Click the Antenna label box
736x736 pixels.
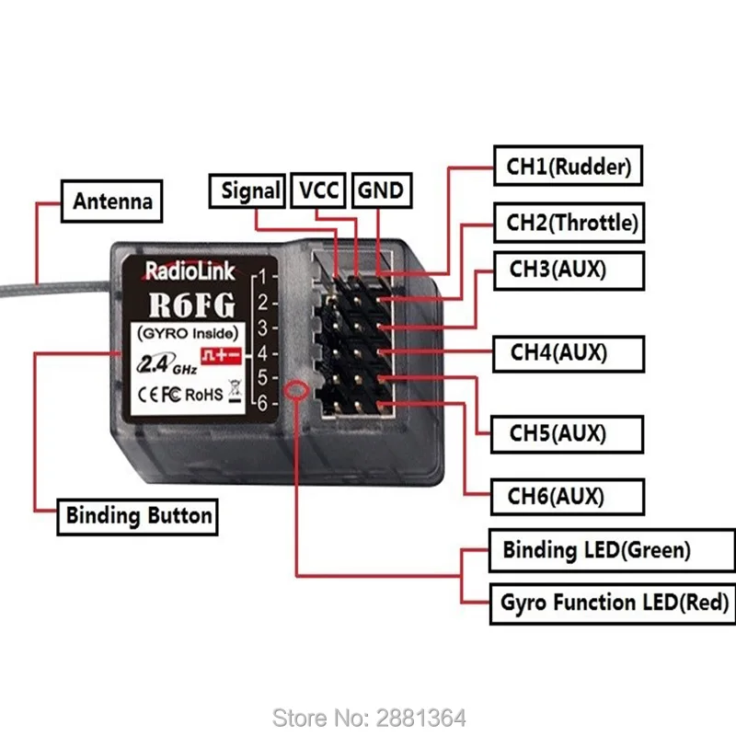tap(112, 200)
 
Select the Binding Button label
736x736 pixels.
tap(140, 515)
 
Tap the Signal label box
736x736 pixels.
tap(250, 190)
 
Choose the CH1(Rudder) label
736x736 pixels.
tap(568, 167)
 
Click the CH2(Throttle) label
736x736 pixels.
tap(570, 222)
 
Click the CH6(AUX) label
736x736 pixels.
tap(556, 497)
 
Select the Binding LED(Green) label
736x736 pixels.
tap(595, 550)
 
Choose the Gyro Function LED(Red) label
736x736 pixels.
tap(615, 604)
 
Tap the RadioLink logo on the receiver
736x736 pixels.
tap(190, 270)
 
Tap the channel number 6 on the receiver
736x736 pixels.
tap(262, 402)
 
